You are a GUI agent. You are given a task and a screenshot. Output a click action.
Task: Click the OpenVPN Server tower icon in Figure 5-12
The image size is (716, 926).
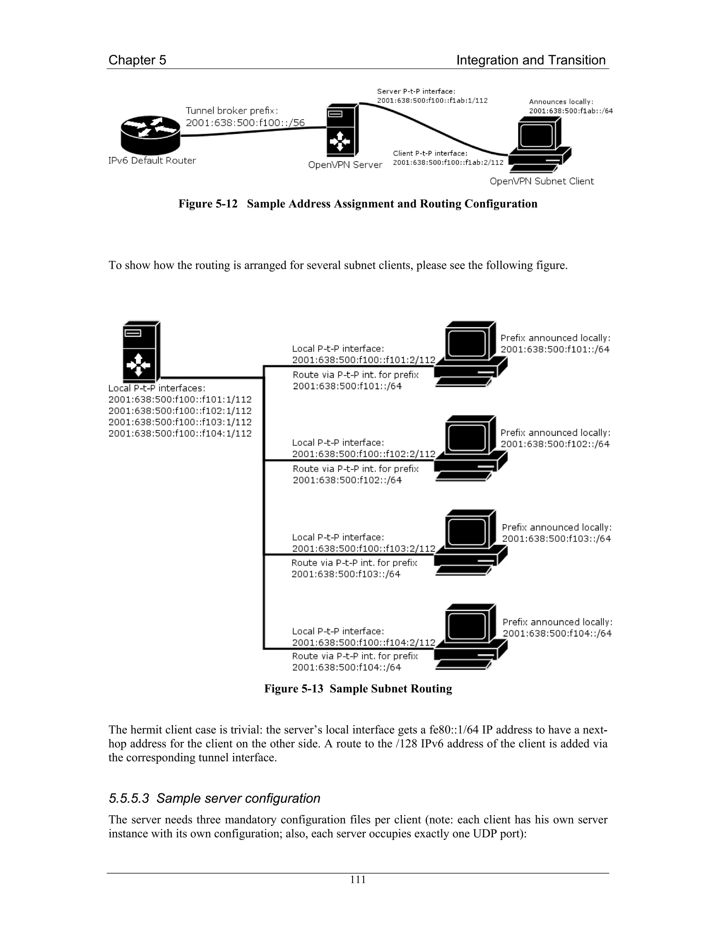[x=342, y=131]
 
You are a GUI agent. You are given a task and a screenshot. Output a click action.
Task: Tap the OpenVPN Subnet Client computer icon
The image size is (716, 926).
[x=540, y=145]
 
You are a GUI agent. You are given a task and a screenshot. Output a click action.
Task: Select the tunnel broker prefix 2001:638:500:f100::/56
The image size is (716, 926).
[x=245, y=123]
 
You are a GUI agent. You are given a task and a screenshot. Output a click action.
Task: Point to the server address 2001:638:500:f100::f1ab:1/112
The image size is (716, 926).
[x=432, y=101]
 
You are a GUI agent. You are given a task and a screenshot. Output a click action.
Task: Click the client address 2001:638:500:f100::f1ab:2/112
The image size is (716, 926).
[x=448, y=162]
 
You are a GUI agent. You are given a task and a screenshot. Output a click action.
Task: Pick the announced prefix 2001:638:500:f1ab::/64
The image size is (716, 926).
[x=571, y=111]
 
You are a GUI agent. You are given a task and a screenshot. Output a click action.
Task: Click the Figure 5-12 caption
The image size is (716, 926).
[x=358, y=204]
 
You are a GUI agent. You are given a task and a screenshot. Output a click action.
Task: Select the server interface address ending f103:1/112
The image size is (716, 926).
[x=180, y=422]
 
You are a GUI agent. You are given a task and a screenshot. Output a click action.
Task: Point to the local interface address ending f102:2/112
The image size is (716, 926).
[x=364, y=454]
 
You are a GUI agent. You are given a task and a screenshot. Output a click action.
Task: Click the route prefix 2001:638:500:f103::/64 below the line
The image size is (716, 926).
[x=346, y=574]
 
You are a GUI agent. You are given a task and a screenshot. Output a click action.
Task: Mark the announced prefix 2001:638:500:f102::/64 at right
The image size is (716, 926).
[x=555, y=444]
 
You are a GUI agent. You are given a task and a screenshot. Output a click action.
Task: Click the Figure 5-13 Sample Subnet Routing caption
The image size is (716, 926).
[x=358, y=689]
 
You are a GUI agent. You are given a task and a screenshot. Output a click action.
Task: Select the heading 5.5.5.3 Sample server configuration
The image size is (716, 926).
[x=214, y=798]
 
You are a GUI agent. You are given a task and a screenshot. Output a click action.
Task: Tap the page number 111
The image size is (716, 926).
[x=358, y=880]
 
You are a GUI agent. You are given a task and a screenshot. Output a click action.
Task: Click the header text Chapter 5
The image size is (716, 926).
[x=137, y=60]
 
